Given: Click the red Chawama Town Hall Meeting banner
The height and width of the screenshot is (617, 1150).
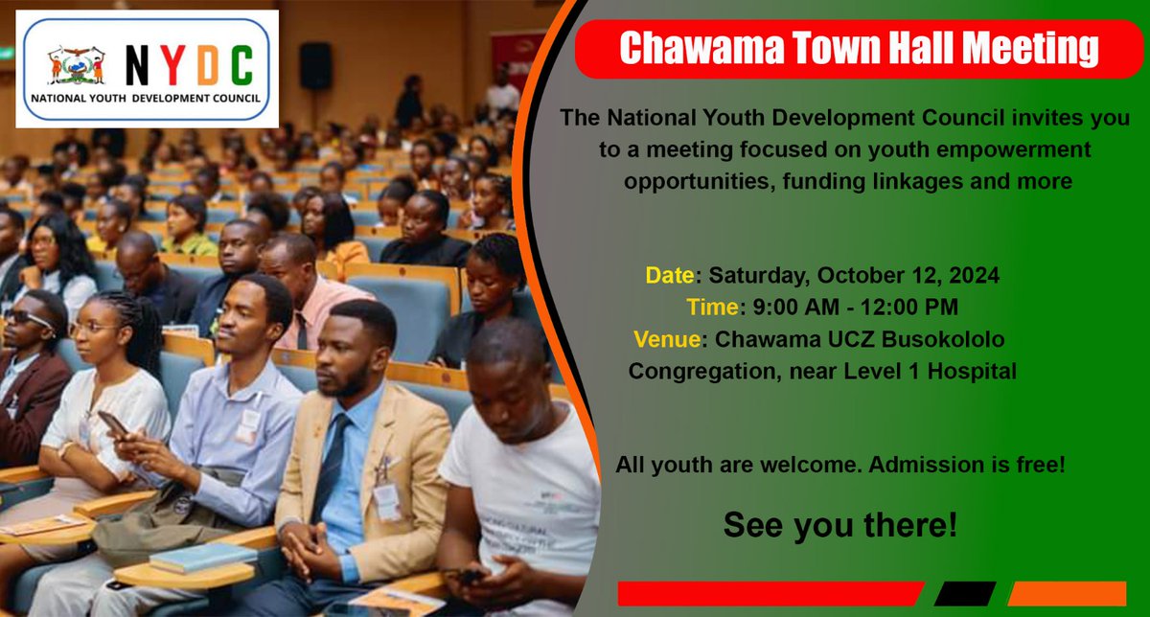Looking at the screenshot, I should pos(858,48).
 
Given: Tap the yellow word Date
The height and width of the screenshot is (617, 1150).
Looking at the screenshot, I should pos(669,277).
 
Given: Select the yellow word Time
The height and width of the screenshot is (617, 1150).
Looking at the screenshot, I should pos(711,308).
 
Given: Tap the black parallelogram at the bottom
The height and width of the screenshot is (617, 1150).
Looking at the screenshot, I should pos(965,593).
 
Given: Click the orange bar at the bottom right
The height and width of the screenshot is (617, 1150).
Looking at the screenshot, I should pos(1067,593).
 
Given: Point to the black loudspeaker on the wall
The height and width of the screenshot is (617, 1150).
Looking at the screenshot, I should pos(315,66).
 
